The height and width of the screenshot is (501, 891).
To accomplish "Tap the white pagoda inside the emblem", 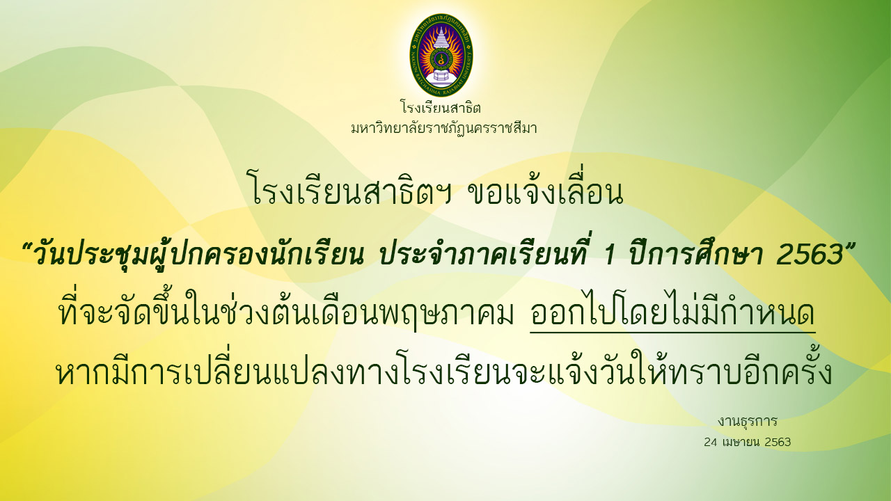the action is (441, 56).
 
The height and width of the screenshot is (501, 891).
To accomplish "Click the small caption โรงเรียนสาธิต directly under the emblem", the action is (441, 107).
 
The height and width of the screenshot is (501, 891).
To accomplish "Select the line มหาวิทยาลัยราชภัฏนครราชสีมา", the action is (444, 128).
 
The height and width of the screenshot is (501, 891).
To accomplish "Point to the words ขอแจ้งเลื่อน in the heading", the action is (546, 188).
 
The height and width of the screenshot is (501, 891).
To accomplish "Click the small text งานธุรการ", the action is (748, 422).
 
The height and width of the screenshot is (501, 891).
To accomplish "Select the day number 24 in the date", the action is (711, 442).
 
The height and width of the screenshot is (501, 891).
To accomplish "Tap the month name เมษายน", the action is (741, 442).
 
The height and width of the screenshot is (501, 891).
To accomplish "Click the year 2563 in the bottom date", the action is (778, 442).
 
